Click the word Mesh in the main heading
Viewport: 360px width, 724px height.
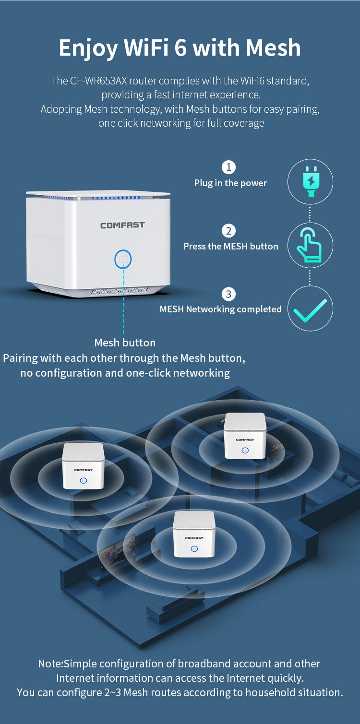click(273, 47)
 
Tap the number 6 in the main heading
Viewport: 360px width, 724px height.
click(181, 47)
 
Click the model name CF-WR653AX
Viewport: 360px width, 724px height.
click(98, 81)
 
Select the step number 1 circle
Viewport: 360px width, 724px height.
click(228, 167)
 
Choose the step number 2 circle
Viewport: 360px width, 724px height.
click(228, 231)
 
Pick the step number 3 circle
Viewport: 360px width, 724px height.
click(228, 294)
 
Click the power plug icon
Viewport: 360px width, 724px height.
click(311, 181)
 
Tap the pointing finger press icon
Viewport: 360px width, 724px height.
click(309, 245)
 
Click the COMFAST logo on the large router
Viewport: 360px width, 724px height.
click(122, 226)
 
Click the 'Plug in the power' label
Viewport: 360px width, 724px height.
click(230, 183)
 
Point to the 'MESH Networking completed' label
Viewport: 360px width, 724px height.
click(221, 309)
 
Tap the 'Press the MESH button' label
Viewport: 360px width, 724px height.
click(230, 246)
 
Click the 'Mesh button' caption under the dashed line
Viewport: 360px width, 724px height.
click(125, 343)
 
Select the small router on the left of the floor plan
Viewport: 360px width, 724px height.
click(84, 466)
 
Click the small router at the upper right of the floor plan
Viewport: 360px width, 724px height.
click(245, 436)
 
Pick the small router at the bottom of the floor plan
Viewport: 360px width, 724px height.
click(194, 534)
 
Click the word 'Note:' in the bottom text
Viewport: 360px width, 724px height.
click(51, 664)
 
